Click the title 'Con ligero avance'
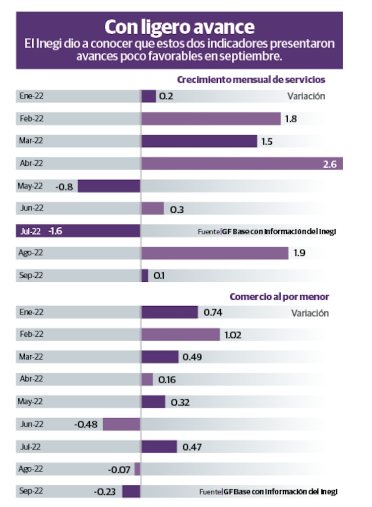pyautogui.click(x=179, y=26)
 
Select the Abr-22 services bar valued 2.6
pyautogui.click(x=242, y=163)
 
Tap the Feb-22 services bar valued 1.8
pyautogui.click(x=211, y=119)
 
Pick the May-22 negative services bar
pyautogui.click(x=109, y=186)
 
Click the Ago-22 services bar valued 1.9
pyautogui.click(x=214, y=253)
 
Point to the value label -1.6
pyautogui.click(x=55, y=231)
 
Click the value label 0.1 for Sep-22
pyautogui.click(x=159, y=276)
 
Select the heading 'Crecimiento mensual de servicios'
pyautogui.click(x=251, y=80)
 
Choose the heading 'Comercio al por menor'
pyautogui.click(x=279, y=297)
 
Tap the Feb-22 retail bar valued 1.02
pyautogui.click(x=180, y=334)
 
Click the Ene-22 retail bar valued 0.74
pyautogui.click(x=169, y=312)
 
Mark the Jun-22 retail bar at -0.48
pyautogui.click(x=122, y=424)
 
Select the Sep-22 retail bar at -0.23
pyautogui.click(x=131, y=492)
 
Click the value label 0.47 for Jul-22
pyautogui.click(x=192, y=447)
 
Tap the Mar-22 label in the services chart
pyautogui.click(x=31, y=141)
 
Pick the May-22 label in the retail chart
pyautogui.click(x=31, y=401)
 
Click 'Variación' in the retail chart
pyautogui.click(x=310, y=313)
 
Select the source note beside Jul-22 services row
pyautogui.click(x=267, y=232)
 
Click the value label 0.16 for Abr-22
pyautogui.click(x=167, y=380)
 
